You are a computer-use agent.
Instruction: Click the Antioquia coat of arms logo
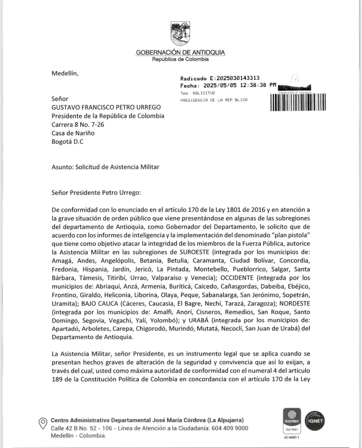[x=180, y=33]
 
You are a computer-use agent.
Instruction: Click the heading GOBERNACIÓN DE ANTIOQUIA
[x=180, y=52]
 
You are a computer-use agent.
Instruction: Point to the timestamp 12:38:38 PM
[x=258, y=85]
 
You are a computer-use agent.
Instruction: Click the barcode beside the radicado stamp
[x=298, y=102]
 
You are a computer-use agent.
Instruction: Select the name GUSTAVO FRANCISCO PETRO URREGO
[x=106, y=107]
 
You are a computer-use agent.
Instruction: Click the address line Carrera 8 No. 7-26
[x=78, y=124]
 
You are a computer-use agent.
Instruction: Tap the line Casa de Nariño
[x=73, y=133]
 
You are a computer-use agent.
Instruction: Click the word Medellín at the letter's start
[x=65, y=73]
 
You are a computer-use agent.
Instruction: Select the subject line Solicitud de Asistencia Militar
[x=117, y=167]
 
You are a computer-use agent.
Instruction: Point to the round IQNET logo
[x=315, y=421]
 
